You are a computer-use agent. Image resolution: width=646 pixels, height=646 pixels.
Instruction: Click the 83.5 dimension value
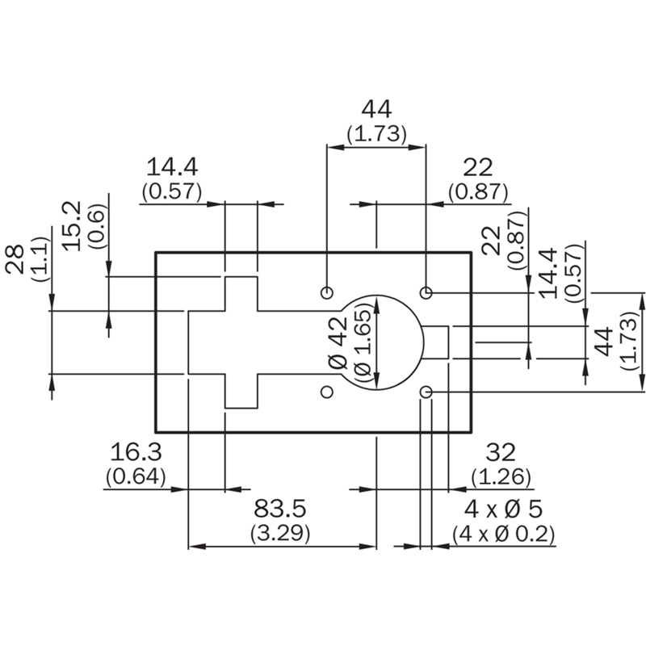(x=279, y=509)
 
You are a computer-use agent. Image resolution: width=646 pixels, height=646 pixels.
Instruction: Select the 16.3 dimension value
(x=136, y=452)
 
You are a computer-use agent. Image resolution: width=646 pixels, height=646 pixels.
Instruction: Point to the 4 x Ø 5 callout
(x=503, y=510)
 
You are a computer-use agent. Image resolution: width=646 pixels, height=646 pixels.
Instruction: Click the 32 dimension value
(x=501, y=452)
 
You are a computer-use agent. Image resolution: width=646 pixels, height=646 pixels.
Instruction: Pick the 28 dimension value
(x=15, y=259)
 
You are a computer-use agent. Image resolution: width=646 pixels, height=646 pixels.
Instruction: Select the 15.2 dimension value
(x=73, y=226)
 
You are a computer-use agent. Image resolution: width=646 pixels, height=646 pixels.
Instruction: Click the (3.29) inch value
(x=279, y=534)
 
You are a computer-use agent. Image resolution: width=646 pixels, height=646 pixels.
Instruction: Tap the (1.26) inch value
(x=501, y=477)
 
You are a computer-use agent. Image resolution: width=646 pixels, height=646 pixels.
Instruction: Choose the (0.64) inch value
(x=136, y=477)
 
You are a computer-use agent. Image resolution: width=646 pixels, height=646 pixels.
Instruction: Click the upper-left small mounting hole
(x=327, y=293)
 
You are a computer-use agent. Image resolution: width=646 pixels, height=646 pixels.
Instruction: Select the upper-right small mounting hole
(x=426, y=293)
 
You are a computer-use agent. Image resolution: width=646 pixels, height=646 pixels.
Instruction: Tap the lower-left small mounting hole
(x=327, y=392)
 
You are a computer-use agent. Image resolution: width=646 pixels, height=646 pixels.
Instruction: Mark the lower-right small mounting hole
(x=426, y=392)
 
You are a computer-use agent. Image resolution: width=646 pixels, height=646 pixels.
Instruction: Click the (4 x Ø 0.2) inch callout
(x=503, y=535)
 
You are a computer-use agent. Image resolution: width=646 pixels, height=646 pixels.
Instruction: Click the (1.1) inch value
(x=40, y=259)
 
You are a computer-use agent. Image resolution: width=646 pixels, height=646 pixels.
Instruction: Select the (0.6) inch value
(x=97, y=226)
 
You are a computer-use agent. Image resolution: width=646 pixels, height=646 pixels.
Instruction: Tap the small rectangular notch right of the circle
(x=436, y=342)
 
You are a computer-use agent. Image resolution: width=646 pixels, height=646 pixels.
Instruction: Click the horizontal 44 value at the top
(x=376, y=109)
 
